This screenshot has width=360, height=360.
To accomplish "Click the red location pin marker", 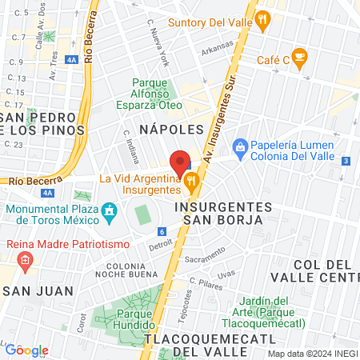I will point(180,162).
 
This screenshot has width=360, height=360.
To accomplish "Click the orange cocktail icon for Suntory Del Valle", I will point(262,18).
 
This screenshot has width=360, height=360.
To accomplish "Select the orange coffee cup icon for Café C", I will point(299,56).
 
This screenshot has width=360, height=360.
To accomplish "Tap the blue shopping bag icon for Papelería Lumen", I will point(239,147).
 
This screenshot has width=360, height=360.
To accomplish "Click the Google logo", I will point(26,350).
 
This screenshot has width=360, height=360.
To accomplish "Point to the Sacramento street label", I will point(205,259).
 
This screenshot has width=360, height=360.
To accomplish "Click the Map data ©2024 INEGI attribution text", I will point(312,354).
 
